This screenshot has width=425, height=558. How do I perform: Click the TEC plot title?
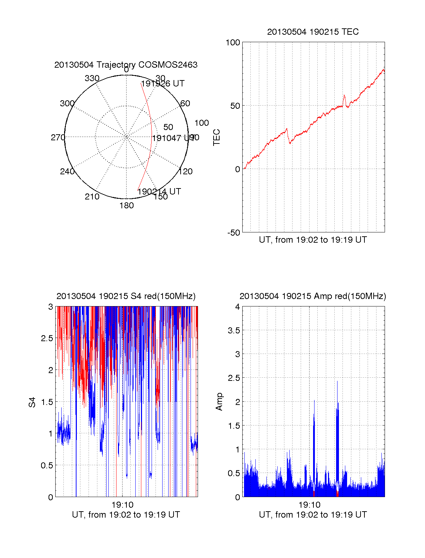pyautogui.click(x=313, y=32)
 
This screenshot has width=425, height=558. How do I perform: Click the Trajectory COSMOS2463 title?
pyautogui.click(x=126, y=65)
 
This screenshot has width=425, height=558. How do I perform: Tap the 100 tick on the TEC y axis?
pyautogui.click(x=233, y=43)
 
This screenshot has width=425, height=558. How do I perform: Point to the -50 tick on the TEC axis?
pyautogui.click(x=233, y=233)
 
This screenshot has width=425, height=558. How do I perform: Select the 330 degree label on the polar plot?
pyautogui.click(x=92, y=78)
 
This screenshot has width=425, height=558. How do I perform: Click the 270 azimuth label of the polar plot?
pyautogui.click(x=58, y=137)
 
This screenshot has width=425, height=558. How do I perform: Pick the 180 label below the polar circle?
pyautogui.click(x=126, y=205)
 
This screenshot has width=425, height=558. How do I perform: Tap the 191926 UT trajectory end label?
pyautogui.click(x=163, y=84)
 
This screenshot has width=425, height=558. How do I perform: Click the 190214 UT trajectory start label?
pyautogui.click(x=159, y=192)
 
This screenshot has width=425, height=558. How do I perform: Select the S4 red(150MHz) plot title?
pyautogui.click(x=126, y=296)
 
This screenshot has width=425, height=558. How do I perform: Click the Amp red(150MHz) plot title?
pyautogui.click(x=313, y=296)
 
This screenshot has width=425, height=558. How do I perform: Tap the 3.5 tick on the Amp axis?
pyautogui.click(x=234, y=331)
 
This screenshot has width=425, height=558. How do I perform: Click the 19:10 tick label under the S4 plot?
pyautogui.click(x=122, y=505)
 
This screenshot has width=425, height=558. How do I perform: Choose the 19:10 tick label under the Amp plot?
pyautogui.click(x=309, y=505)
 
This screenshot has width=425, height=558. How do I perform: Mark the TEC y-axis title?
pyautogui.click(x=216, y=137)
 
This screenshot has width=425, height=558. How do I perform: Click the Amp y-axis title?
pyautogui.click(x=219, y=401)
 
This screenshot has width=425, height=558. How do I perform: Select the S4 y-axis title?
pyautogui.click(x=32, y=402)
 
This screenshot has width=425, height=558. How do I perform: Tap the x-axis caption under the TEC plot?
pyautogui.click(x=313, y=240)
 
